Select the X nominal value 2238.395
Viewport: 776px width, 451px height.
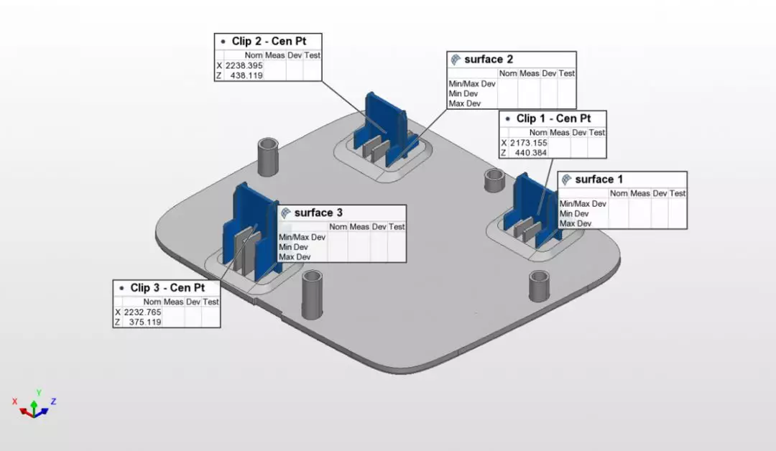tap(244, 65)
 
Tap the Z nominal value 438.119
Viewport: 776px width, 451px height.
tap(246, 75)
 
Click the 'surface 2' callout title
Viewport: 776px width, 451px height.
tap(489, 60)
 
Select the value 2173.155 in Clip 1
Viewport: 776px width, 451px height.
tap(529, 143)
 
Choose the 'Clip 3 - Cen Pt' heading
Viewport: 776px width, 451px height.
tap(167, 288)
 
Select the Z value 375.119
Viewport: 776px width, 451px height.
tap(144, 322)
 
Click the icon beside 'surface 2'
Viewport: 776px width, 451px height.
tap(455, 60)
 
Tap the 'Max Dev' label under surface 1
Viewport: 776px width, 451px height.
tap(575, 223)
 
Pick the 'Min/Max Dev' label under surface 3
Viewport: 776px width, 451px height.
tap(302, 237)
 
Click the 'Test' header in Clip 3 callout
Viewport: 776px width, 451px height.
tap(211, 302)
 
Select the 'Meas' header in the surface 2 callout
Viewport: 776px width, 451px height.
tap(529, 73)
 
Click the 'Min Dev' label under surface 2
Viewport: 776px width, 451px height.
tap(464, 93)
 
